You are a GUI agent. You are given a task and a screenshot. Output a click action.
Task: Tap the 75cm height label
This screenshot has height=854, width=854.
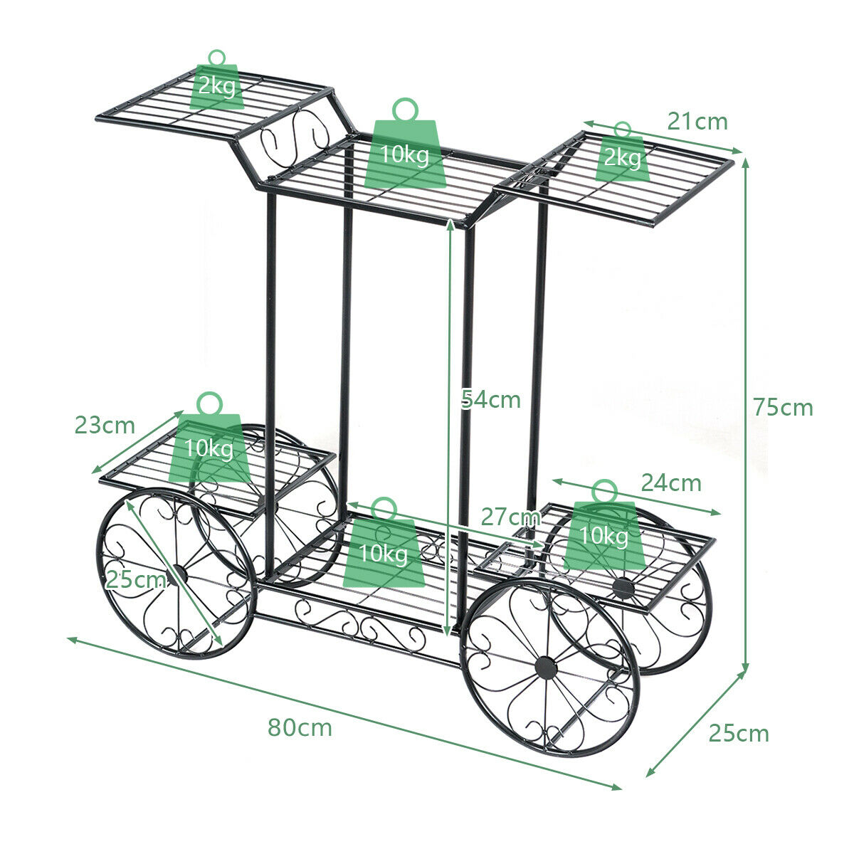click(783, 407)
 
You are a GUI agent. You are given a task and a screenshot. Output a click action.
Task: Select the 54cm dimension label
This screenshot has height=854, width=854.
click(490, 399)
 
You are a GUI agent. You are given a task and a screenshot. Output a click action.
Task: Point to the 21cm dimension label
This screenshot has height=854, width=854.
click(697, 122)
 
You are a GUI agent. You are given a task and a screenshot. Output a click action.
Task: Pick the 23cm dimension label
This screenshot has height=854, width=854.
click(105, 425)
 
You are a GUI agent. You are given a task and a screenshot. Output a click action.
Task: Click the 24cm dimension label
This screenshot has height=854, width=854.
click(671, 483)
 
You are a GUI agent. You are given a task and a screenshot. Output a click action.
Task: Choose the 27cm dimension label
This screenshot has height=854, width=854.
click(511, 517)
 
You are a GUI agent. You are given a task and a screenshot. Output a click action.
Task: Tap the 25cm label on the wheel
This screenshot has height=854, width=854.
click(136, 579)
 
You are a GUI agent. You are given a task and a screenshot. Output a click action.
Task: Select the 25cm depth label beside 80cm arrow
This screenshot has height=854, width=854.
click(739, 733)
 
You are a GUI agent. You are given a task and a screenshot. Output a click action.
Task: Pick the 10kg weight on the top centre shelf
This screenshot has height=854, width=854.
click(405, 143)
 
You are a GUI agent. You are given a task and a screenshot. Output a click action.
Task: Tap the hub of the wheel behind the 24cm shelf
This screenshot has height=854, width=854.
click(623, 589)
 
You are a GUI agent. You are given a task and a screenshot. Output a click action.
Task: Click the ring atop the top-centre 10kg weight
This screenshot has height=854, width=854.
click(405, 109)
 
